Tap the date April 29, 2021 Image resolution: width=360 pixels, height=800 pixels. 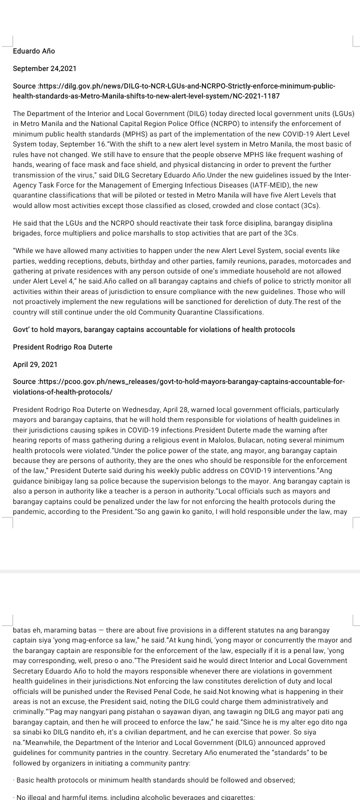(x=35, y=364)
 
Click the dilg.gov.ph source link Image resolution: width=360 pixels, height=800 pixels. (x=173, y=90)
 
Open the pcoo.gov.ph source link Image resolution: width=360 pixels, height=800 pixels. (x=178, y=386)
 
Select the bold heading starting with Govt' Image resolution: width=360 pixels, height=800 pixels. (x=153, y=329)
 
